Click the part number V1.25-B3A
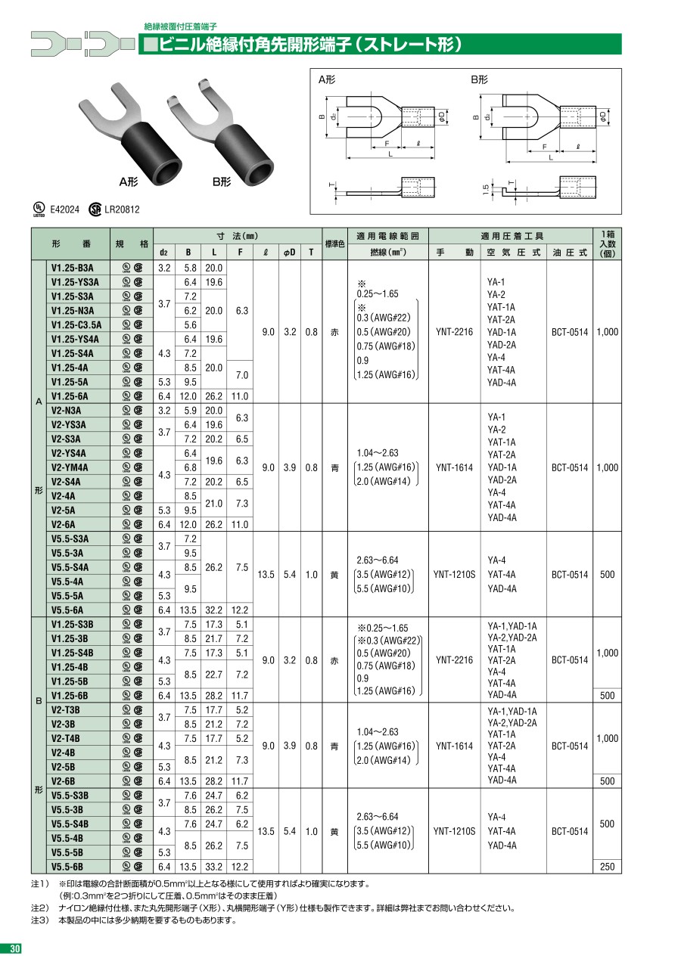(x=73, y=267)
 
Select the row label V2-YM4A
(x=70, y=467)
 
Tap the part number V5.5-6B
(x=67, y=867)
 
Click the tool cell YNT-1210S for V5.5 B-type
(x=454, y=831)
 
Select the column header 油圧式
(x=569, y=253)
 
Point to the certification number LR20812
(x=122, y=209)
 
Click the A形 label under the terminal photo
(x=128, y=182)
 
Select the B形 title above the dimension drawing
(x=480, y=79)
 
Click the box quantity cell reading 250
(x=607, y=867)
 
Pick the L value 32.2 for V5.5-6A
(x=214, y=610)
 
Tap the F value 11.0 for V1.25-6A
(x=240, y=396)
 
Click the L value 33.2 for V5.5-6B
(x=214, y=867)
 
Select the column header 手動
(x=454, y=253)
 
